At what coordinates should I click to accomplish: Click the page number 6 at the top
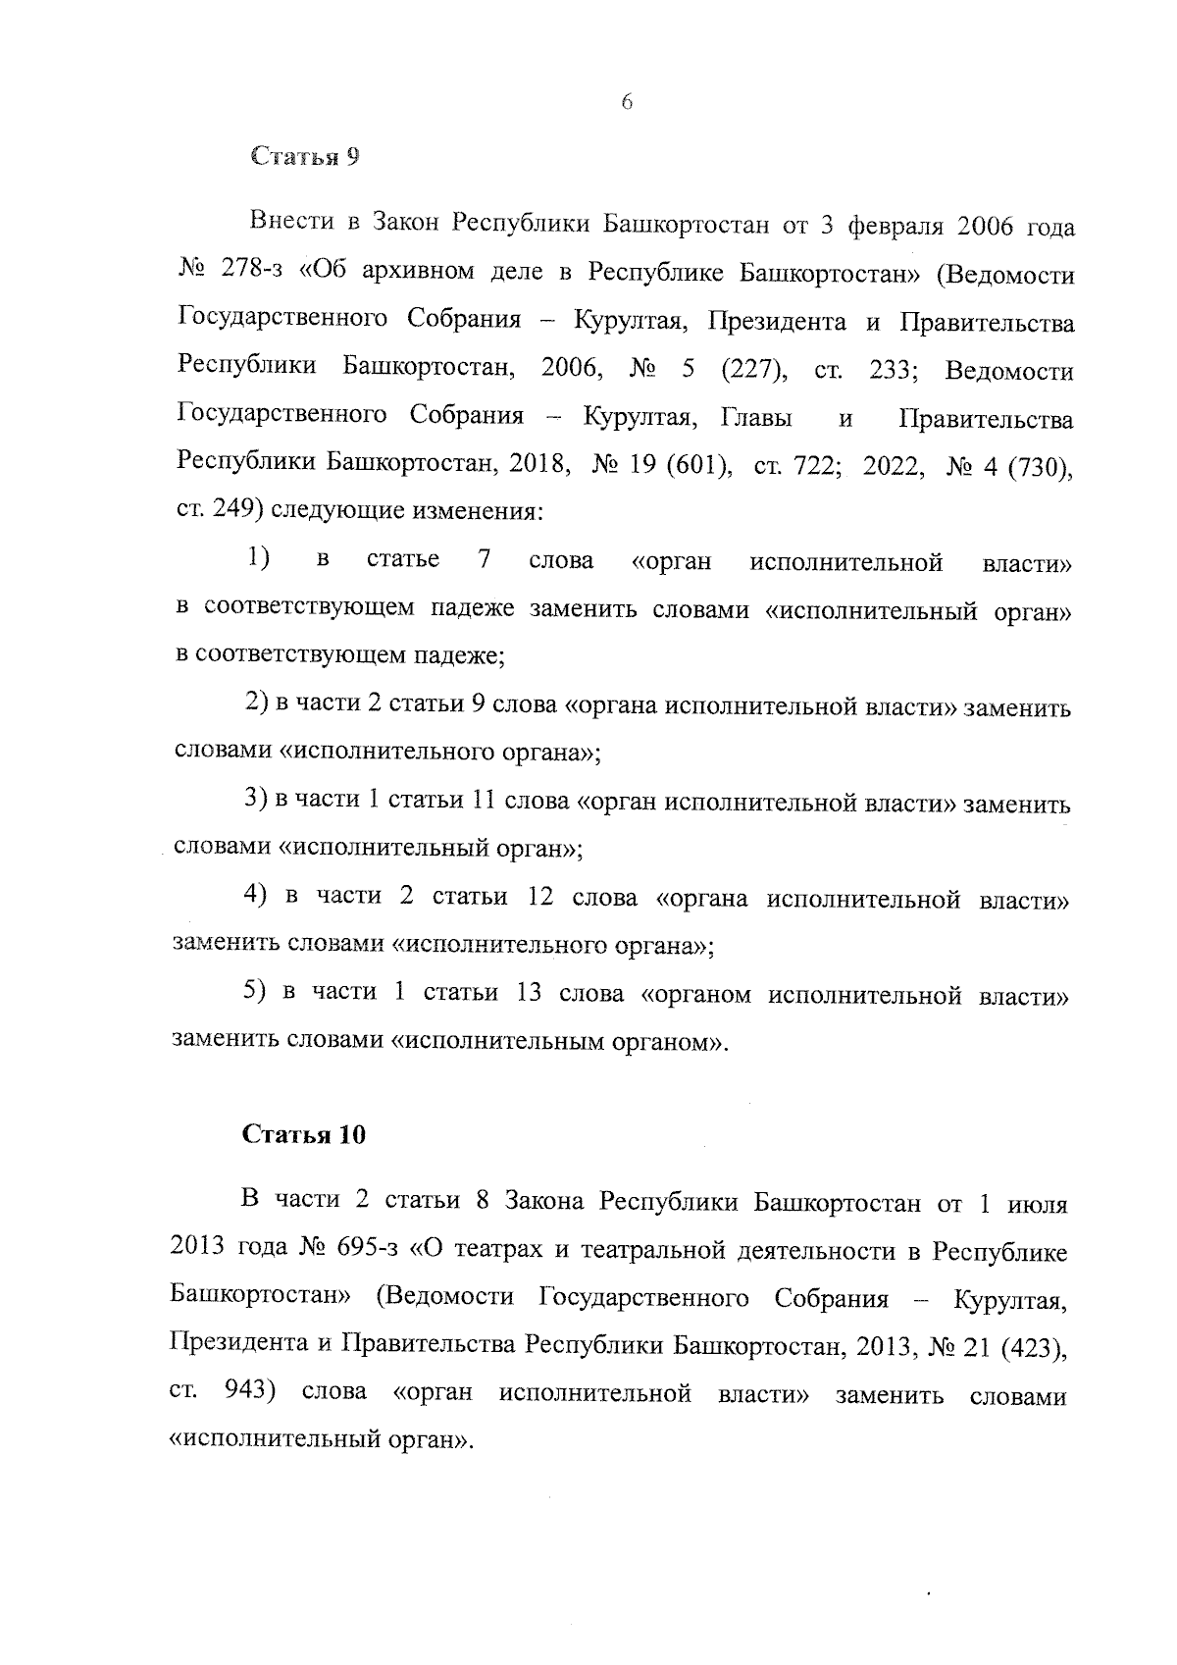coord(627,103)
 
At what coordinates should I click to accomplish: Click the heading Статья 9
coord(304,157)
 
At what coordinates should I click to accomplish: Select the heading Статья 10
coord(304,1134)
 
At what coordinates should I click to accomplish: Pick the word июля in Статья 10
coord(1038,1202)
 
